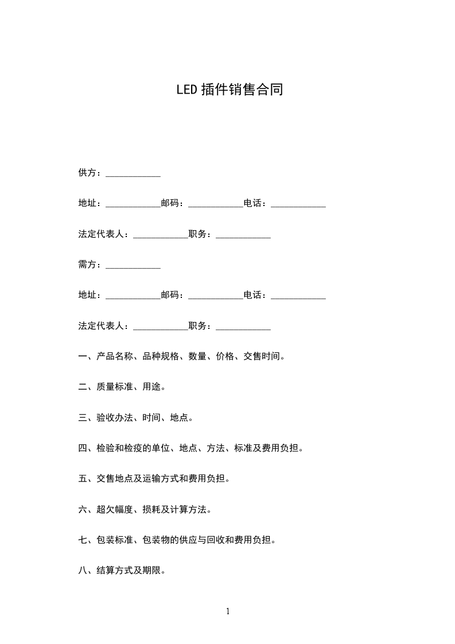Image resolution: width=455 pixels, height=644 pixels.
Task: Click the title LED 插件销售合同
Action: click(x=230, y=90)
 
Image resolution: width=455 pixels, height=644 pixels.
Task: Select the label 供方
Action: click(x=87, y=173)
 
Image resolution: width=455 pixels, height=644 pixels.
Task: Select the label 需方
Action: click(x=87, y=265)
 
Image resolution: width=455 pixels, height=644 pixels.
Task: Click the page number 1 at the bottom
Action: click(x=228, y=611)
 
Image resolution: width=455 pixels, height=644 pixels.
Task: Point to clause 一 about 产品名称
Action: click(x=181, y=356)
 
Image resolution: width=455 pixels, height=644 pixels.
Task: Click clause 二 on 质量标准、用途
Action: click(x=122, y=387)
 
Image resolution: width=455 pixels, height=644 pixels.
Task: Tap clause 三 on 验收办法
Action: click(x=135, y=418)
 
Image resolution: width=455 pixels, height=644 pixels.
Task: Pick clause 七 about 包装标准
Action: click(x=177, y=540)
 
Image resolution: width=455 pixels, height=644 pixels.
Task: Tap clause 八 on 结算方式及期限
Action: click(x=122, y=571)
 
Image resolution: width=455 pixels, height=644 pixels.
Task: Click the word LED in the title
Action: click(x=187, y=90)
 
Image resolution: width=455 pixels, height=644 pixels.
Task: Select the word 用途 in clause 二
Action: click(x=151, y=387)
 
